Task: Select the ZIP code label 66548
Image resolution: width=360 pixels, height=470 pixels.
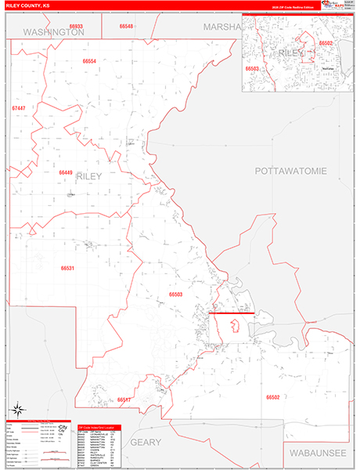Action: coord(127,26)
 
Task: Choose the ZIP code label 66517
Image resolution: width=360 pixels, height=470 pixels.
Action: coord(124,399)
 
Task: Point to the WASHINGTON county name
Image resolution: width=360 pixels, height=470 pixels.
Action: coord(53,33)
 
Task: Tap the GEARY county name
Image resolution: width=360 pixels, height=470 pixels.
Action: coord(146,442)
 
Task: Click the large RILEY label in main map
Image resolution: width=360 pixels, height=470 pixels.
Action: coord(88,177)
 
